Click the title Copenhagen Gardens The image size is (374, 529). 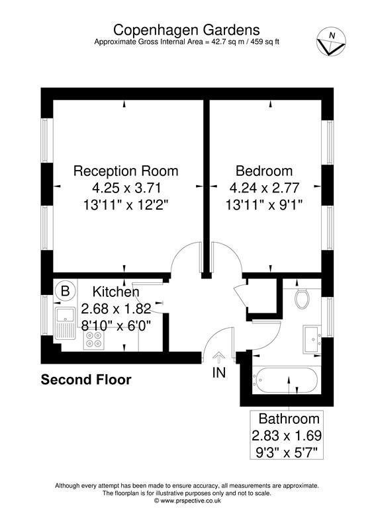click(187, 29)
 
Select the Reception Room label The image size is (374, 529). click(126, 171)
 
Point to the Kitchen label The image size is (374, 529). click(116, 292)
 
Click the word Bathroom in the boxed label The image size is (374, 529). click(289, 419)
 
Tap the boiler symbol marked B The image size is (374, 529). click(65, 290)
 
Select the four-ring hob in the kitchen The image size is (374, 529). click(94, 340)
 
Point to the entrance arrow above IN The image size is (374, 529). click(218, 358)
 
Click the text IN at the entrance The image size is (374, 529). click(218, 373)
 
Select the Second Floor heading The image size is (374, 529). click(86, 380)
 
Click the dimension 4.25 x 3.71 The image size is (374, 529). click(126, 188)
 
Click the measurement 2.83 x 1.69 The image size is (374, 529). click(289, 436)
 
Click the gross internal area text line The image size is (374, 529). click(187, 42)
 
